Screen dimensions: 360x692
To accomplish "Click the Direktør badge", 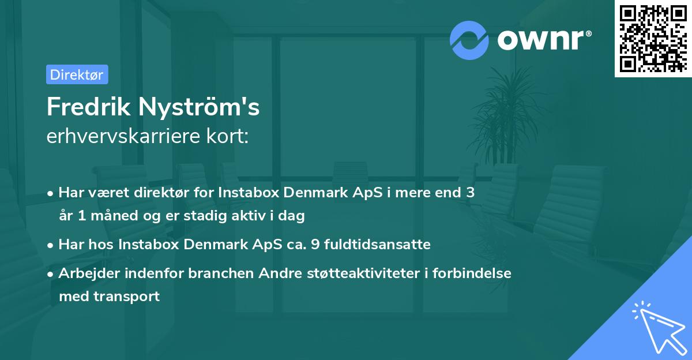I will (77, 74).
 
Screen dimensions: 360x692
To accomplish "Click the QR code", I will (653, 38).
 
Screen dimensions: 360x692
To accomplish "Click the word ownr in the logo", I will (543, 40).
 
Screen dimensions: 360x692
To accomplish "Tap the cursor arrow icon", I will (657, 327).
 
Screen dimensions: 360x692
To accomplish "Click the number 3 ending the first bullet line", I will (471, 193).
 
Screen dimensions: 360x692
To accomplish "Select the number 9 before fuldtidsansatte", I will (314, 244).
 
